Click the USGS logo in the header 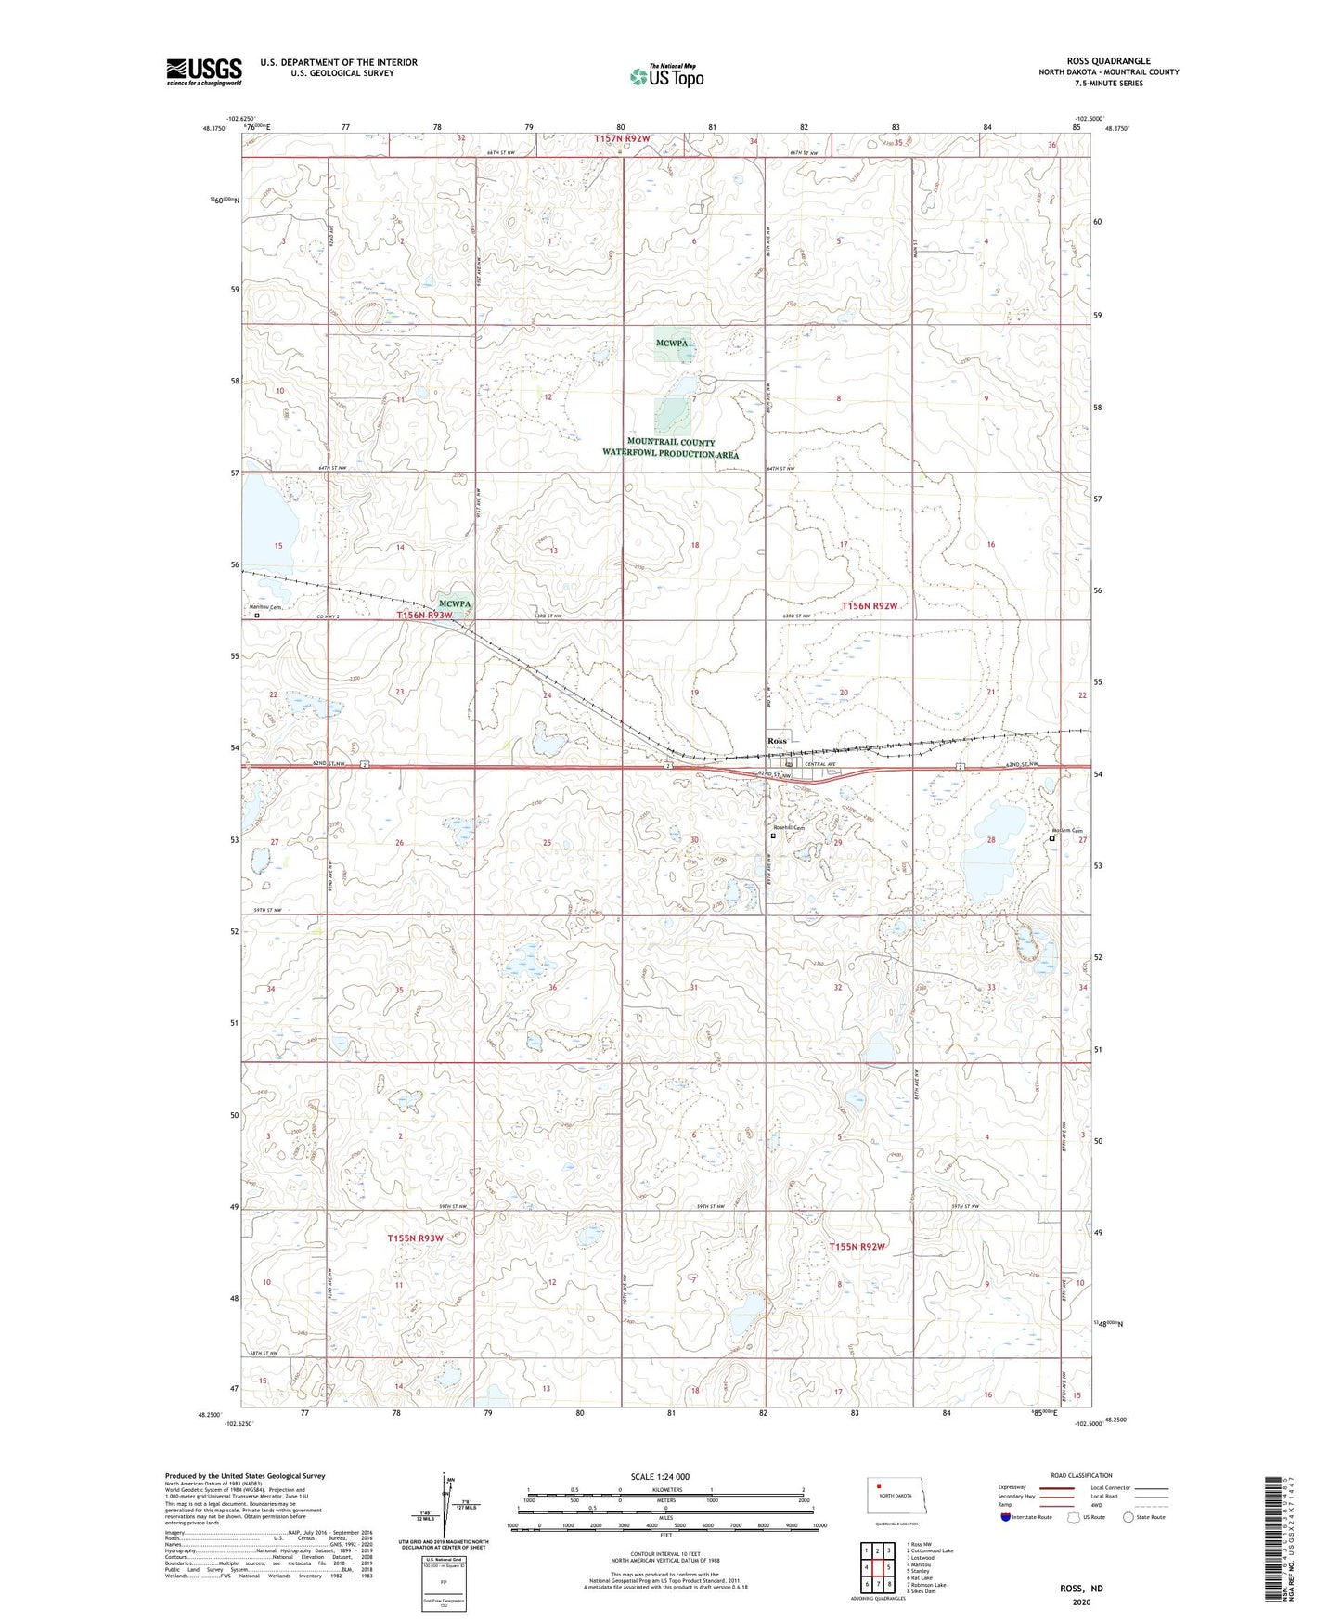[203, 71]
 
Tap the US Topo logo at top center [665, 77]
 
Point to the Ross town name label [777, 741]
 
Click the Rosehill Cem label [788, 828]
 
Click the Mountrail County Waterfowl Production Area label [670, 448]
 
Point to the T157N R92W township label [622, 138]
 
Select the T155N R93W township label [415, 1238]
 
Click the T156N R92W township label [870, 605]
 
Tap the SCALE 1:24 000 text [660, 1476]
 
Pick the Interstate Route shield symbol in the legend [1006, 1517]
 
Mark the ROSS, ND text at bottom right [1081, 1589]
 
